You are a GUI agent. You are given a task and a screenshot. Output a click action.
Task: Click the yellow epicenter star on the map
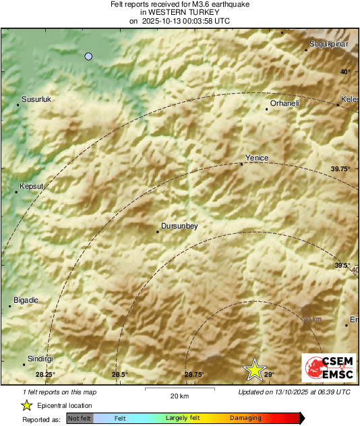pos(255,369)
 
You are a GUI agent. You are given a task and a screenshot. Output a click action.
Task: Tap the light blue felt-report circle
pos(88,57)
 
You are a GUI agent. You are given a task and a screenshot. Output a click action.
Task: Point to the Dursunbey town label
pos(180,226)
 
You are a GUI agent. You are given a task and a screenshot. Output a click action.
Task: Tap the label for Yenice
pos(257,158)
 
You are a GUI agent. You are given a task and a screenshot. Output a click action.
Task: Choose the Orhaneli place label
pos(284,103)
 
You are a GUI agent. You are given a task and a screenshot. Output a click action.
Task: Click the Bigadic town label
pos(27,299)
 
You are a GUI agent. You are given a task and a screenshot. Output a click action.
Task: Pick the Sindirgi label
pos(40,359)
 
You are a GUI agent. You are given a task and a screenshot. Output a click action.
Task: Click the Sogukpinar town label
pos(328,44)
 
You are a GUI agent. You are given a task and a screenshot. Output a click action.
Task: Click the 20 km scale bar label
pos(179,396)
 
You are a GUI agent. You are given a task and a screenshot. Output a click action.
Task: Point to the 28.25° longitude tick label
pos(45,374)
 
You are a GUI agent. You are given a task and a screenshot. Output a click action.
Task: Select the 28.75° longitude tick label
pos(194,374)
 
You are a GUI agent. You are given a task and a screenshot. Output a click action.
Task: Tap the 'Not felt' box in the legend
pos(80,419)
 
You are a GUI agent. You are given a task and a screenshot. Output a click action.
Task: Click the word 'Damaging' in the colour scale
pos(245,419)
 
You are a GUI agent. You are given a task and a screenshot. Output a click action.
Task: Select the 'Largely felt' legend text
pos(181,419)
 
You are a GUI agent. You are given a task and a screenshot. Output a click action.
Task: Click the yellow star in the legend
pos(26,405)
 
